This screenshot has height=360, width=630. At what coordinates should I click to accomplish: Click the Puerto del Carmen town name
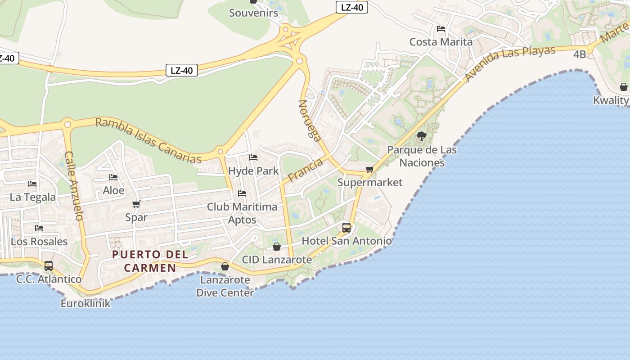click(150, 261)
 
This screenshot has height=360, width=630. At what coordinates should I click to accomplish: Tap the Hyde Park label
click(253, 171)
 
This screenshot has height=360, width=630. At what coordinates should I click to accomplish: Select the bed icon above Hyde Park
click(253, 157)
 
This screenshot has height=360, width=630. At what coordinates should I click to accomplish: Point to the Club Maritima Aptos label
click(242, 213)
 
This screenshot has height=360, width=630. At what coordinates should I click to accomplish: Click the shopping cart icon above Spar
click(136, 204)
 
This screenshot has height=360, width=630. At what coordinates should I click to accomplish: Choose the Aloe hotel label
click(113, 190)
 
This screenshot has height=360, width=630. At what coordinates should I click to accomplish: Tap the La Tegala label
click(33, 197)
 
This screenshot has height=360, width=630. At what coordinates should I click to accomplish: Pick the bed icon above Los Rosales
click(39, 228)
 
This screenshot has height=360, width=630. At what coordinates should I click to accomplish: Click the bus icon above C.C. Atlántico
click(49, 265)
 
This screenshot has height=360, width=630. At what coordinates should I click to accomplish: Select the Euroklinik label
click(85, 303)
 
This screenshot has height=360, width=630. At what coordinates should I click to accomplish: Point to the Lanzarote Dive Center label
click(225, 286)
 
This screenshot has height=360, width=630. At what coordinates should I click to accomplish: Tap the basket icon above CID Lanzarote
click(277, 247)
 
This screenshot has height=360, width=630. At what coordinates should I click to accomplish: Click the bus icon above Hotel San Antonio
click(346, 227)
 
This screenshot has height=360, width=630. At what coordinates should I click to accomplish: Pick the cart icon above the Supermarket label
click(370, 169)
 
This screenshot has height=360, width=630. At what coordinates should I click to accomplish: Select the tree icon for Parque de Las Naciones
click(422, 136)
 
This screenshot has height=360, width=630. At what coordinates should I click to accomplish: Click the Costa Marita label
click(441, 42)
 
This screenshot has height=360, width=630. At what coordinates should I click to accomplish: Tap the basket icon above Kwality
click(624, 86)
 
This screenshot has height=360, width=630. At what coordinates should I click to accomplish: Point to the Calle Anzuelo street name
click(74, 185)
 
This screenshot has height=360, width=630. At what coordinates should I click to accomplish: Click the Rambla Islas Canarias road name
click(148, 140)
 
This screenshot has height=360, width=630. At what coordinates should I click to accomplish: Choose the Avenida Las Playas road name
click(510, 63)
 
